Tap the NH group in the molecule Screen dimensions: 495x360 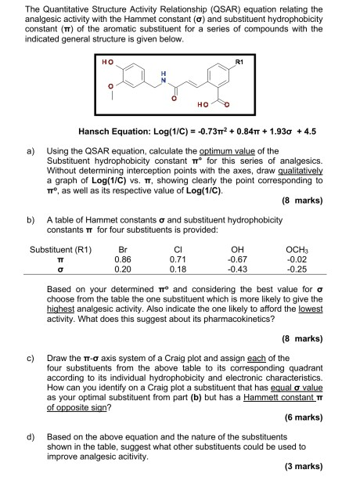tap(164, 77)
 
